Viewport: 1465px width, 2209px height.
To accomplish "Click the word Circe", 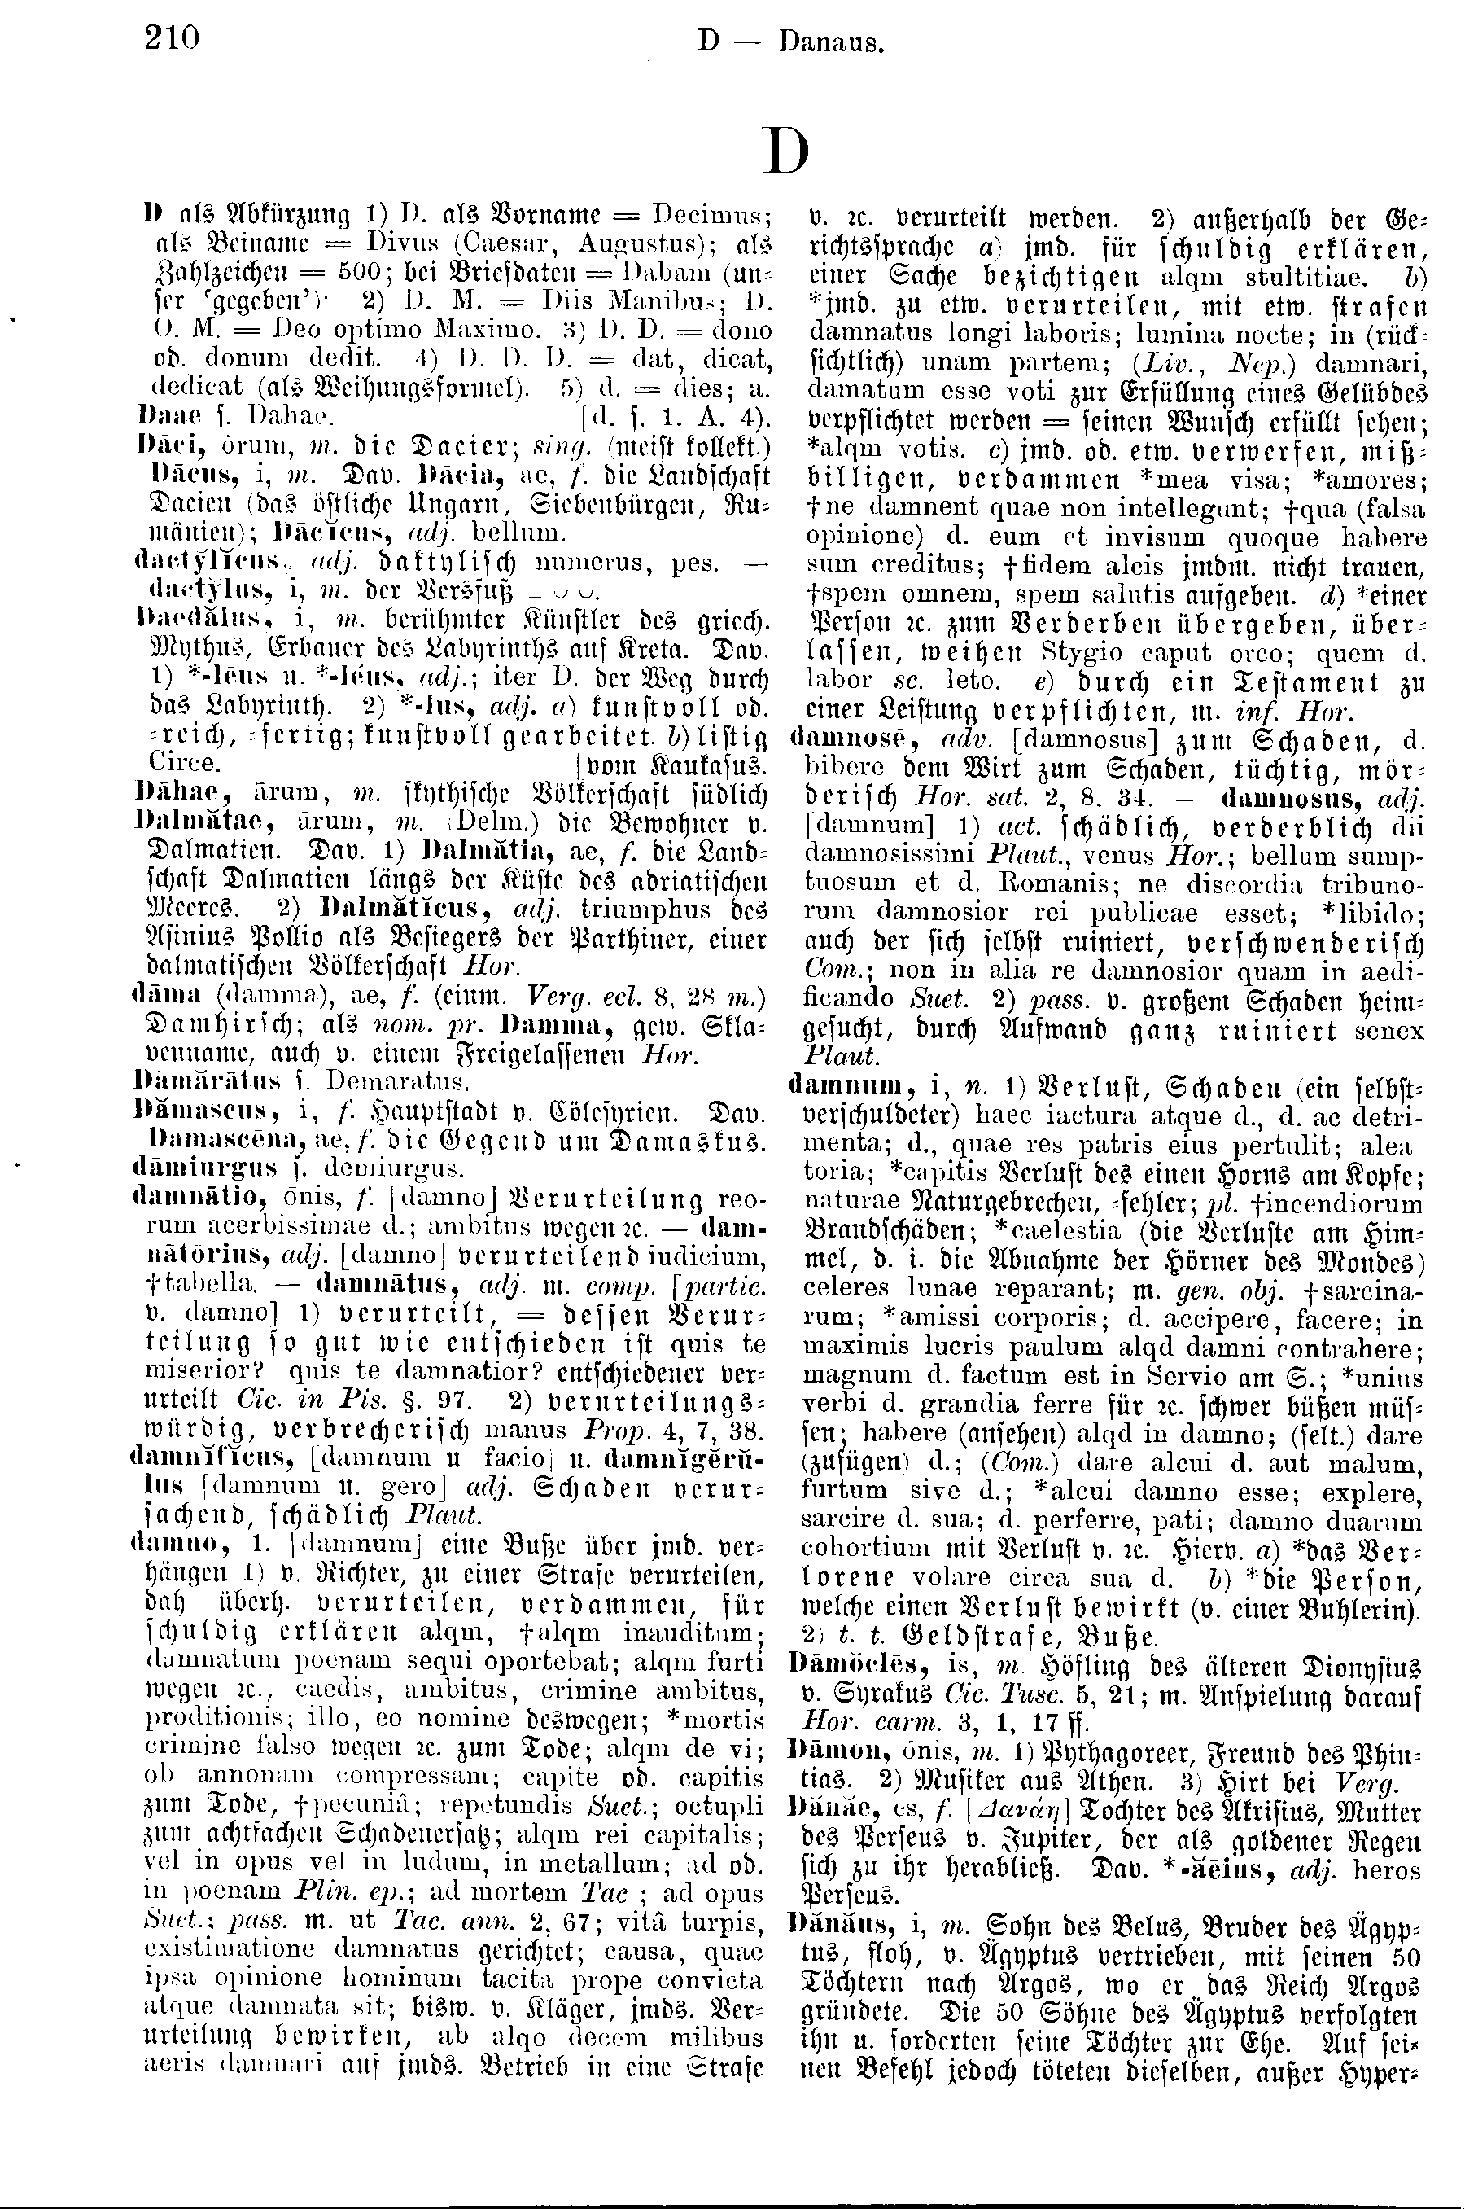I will (x=186, y=762).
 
